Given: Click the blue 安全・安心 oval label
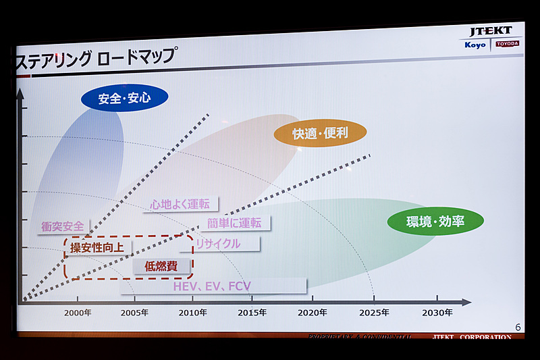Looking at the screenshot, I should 124,99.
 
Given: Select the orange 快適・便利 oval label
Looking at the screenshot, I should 320,133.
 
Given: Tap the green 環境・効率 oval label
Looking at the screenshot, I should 435,221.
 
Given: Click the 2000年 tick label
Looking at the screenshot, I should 78,312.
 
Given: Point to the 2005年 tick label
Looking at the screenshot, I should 135,312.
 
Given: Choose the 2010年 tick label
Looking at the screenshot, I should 193,312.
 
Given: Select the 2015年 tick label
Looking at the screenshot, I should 252,312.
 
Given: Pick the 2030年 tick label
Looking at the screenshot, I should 437,312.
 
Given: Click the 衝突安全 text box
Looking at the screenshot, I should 63,227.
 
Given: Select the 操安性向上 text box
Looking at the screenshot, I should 97,248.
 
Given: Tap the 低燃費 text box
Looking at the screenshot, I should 161,266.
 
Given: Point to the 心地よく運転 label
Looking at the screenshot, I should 180,203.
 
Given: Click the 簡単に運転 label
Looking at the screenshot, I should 235,223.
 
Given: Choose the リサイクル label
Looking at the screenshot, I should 218,243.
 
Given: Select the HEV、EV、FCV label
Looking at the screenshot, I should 212,286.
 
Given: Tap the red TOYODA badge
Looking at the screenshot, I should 508,44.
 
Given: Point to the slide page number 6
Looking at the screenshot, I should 518,327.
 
